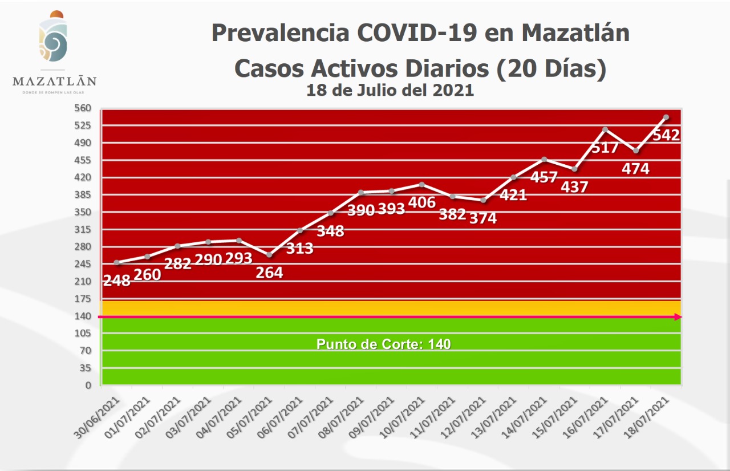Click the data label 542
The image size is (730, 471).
pyautogui.click(x=666, y=135)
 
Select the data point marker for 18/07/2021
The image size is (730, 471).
pyautogui.click(x=666, y=117)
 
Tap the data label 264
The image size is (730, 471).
pyautogui.click(x=269, y=273)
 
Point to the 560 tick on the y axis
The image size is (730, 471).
pyautogui.click(x=83, y=108)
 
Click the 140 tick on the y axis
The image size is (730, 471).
pyautogui.click(x=83, y=316)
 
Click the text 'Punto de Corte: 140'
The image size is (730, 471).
pyautogui.click(x=383, y=344)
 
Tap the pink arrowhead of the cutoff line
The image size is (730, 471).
pyautogui.click(x=678, y=317)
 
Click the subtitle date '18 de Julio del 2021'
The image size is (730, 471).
pyautogui.click(x=390, y=90)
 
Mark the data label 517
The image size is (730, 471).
pyautogui.click(x=605, y=148)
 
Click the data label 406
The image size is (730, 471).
pyautogui.click(x=422, y=202)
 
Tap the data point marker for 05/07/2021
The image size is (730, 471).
pyautogui.click(x=269, y=255)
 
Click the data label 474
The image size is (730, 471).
pyautogui.click(x=635, y=168)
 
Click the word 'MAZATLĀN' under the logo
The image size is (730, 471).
pyautogui.click(x=55, y=81)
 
